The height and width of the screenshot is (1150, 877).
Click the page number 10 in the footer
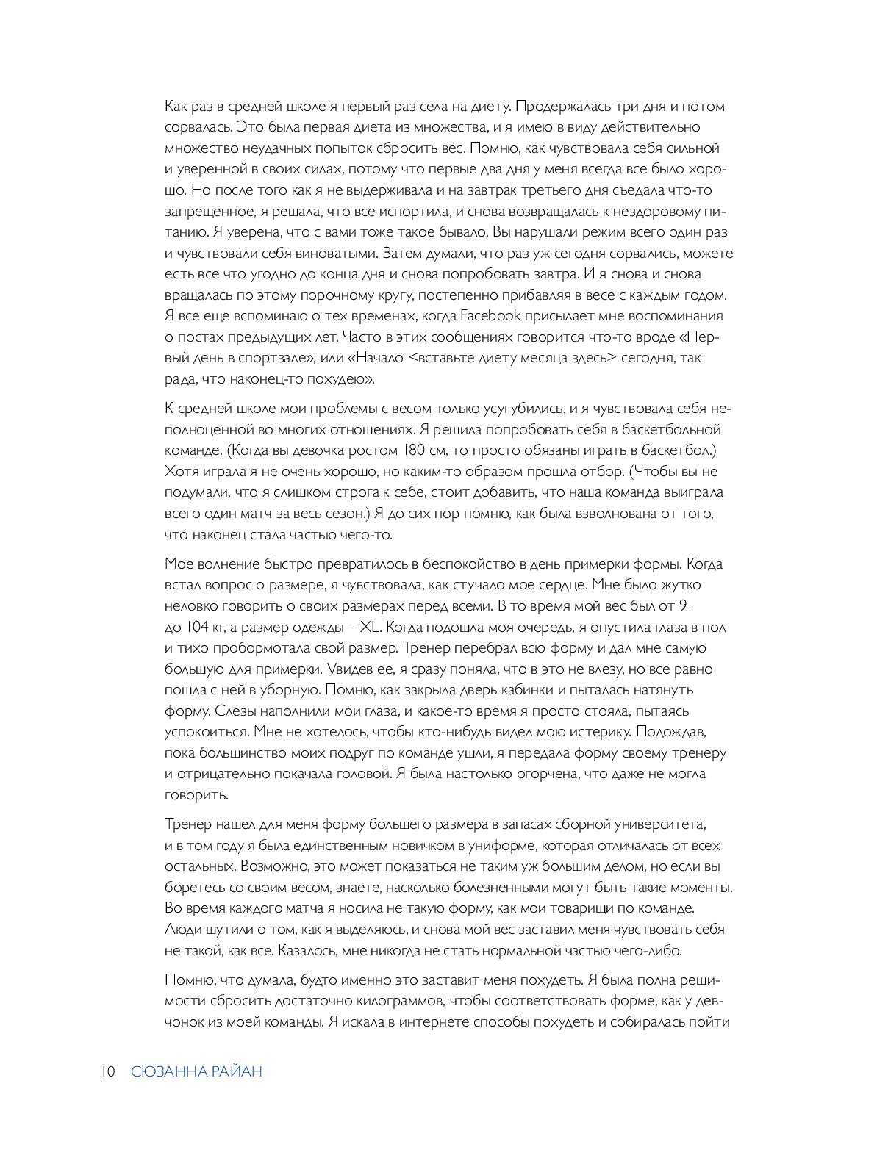(107, 1072)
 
